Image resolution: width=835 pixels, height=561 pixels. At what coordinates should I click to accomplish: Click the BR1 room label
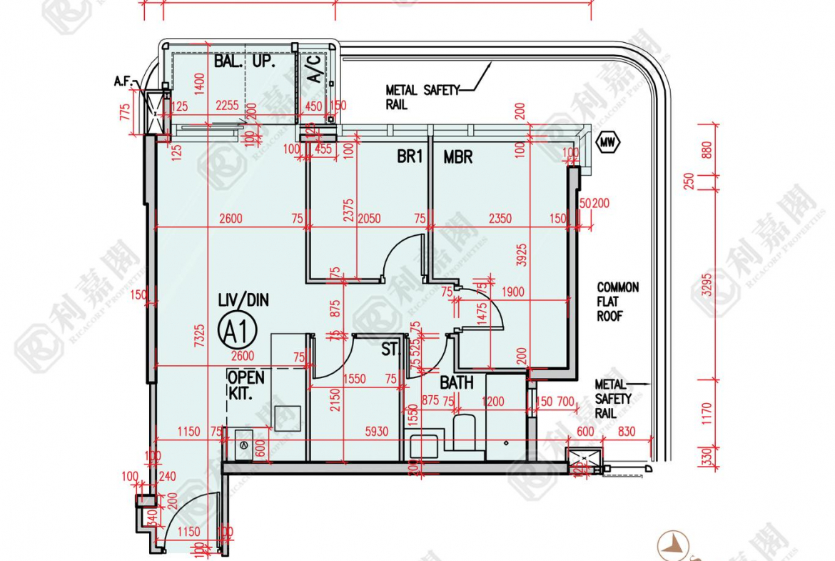pos(410,157)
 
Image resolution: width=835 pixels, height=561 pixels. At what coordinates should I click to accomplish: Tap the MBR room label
pos(457,157)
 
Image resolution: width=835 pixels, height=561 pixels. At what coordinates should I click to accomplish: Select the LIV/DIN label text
pos(243,300)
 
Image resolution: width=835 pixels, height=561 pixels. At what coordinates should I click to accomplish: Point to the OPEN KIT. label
pos(246,384)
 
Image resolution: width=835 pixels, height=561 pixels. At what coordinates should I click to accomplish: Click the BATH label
pos(456,383)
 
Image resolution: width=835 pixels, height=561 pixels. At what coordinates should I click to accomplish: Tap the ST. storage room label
pos(390,350)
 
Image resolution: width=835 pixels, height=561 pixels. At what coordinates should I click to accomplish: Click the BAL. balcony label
pos(229,62)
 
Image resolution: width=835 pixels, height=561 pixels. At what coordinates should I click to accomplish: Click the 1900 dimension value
pos(513,291)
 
